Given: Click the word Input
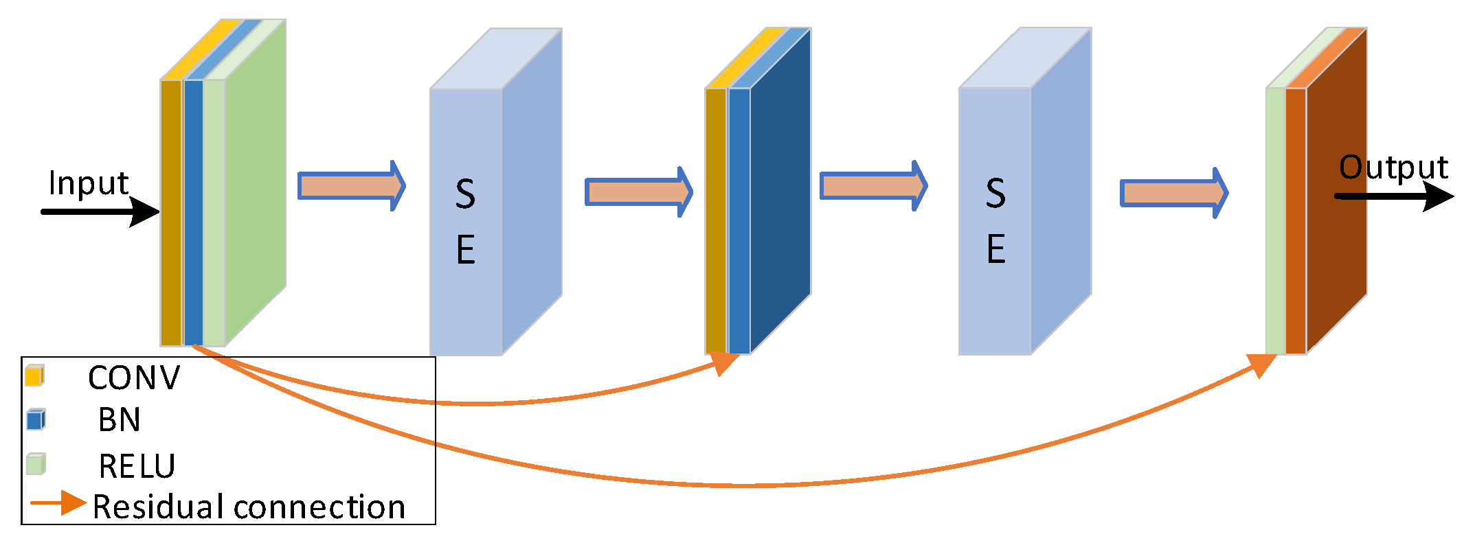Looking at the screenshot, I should [x=88, y=183].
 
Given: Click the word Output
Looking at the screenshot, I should [x=1393, y=167].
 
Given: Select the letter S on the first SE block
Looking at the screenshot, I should [x=465, y=194].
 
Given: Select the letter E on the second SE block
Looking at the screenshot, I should [x=995, y=249].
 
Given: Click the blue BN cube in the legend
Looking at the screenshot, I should [x=36, y=419].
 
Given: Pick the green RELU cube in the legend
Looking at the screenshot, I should [x=36, y=464].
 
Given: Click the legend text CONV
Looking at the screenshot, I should [x=134, y=378].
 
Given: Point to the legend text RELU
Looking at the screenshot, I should [x=137, y=467].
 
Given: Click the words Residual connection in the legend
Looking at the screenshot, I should [x=249, y=507].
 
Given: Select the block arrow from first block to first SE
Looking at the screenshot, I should [x=351, y=186].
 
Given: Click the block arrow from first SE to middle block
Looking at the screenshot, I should [x=638, y=192].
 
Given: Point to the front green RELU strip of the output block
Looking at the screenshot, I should [x=1275, y=220].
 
